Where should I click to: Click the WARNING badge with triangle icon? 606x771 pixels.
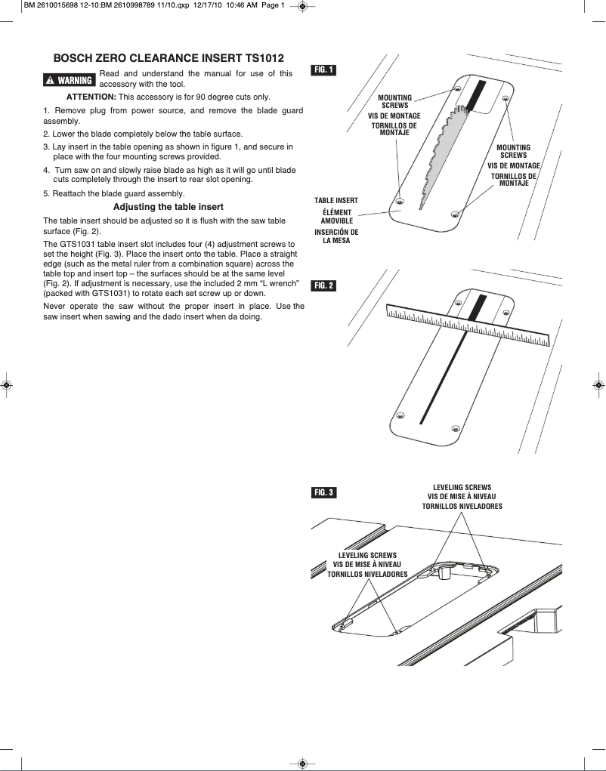[70, 80]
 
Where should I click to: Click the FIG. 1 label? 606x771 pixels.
[323, 70]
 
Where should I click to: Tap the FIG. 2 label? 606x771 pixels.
[323, 285]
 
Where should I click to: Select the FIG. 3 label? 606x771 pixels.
[323, 493]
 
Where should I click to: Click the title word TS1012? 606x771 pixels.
[264, 57]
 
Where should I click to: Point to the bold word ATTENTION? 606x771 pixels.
[91, 97]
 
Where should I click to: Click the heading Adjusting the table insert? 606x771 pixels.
[168, 207]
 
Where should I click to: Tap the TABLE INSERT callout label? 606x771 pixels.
[336, 200]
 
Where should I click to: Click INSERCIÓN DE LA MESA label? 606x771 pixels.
[336, 236]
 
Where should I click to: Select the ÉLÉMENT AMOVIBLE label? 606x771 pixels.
[336, 217]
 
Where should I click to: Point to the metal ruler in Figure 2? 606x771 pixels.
[468, 325]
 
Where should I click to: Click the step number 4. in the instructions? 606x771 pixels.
[47, 170]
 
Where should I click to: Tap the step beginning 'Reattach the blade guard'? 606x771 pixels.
[119, 193]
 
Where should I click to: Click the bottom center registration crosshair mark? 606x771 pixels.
[302, 763]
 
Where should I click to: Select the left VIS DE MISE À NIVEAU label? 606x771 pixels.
[367, 565]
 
